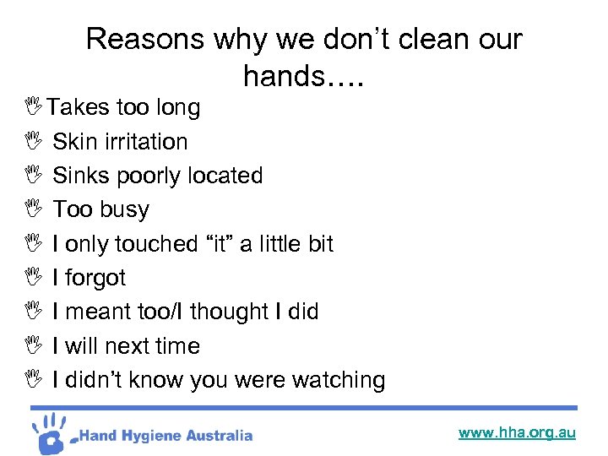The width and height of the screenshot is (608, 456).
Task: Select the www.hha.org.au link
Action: [x=517, y=432]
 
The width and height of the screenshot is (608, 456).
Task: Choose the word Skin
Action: [x=74, y=142]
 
